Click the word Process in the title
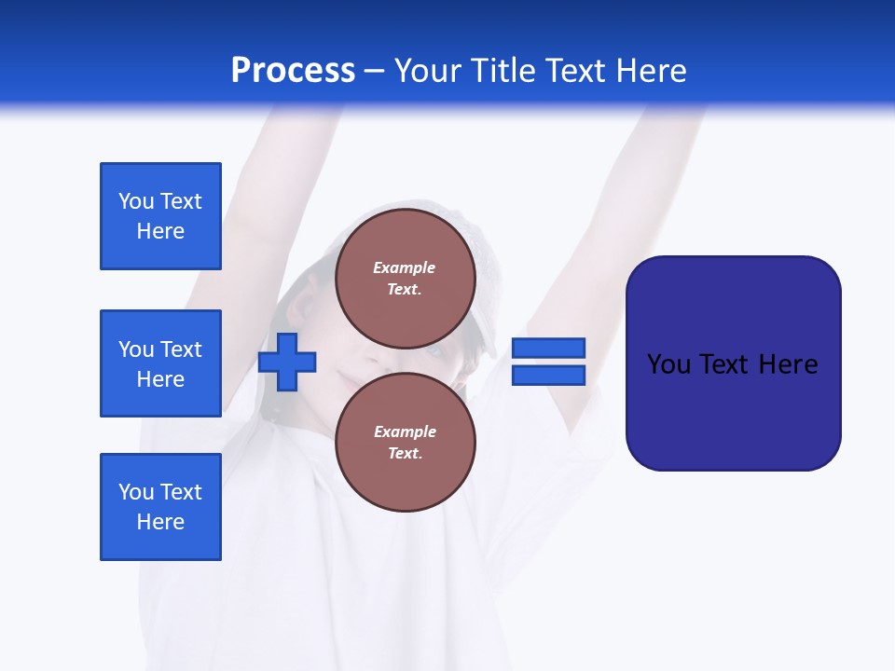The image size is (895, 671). click(293, 71)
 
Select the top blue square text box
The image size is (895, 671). click(160, 216)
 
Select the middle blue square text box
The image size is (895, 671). click(160, 363)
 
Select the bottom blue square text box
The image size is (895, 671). click(160, 507)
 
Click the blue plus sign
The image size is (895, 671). click(287, 362)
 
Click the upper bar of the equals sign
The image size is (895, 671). click(548, 348)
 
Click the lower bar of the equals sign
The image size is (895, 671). click(548, 376)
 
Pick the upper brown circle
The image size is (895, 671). click(405, 279)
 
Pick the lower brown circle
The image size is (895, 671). click(405, 443)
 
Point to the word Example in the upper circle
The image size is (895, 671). click(405, 267)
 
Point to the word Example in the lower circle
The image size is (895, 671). click(405, 431)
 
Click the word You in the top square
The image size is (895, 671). click(136, 201)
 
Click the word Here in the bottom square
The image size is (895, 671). click(160, 522)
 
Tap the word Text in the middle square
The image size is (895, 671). click(180, 349)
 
